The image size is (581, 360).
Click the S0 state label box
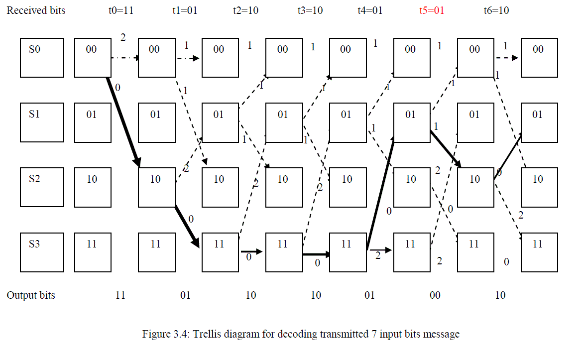[42, 58]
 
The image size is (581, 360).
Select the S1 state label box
[42, 122]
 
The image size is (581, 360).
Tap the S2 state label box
[42, 187]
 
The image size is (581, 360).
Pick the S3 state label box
[42, 252]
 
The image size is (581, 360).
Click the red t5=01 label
[431, 10]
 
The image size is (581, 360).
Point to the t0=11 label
[121, 10]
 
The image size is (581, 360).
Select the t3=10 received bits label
[310, 10]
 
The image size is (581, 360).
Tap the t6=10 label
[496, 10]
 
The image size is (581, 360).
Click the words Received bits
[36, 10]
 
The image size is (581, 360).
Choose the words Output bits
[31, 295]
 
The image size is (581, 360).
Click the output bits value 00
[435, 295]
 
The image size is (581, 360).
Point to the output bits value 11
[120, 295]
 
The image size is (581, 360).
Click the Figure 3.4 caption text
[301, 334]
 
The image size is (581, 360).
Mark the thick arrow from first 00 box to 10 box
[123, 122]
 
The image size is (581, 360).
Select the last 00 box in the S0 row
[539, 58]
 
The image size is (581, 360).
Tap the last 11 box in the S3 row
[539, 252]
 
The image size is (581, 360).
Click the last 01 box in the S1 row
[539, 122]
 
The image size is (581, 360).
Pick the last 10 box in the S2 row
[539, 187]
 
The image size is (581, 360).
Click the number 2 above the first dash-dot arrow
[122, 37]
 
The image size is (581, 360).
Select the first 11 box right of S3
[93, 252]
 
